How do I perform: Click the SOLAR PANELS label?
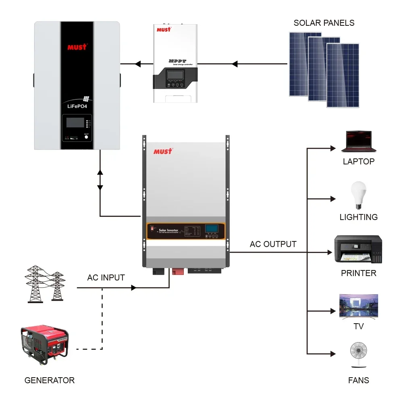[324, 23]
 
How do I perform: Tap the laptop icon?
[359, 141]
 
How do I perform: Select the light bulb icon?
[358, 195]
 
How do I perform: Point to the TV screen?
[359, 305]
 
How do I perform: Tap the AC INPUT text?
[106, 278]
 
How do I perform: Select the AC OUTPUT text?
[273, 244]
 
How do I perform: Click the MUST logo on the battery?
[77, 47]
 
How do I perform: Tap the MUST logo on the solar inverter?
[163, 152]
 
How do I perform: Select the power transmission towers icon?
[45, 284]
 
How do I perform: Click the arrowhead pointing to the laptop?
[333, 148]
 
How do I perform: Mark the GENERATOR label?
[50, 380]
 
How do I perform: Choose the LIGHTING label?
[358, 217]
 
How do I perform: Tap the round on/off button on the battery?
[86, 137]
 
